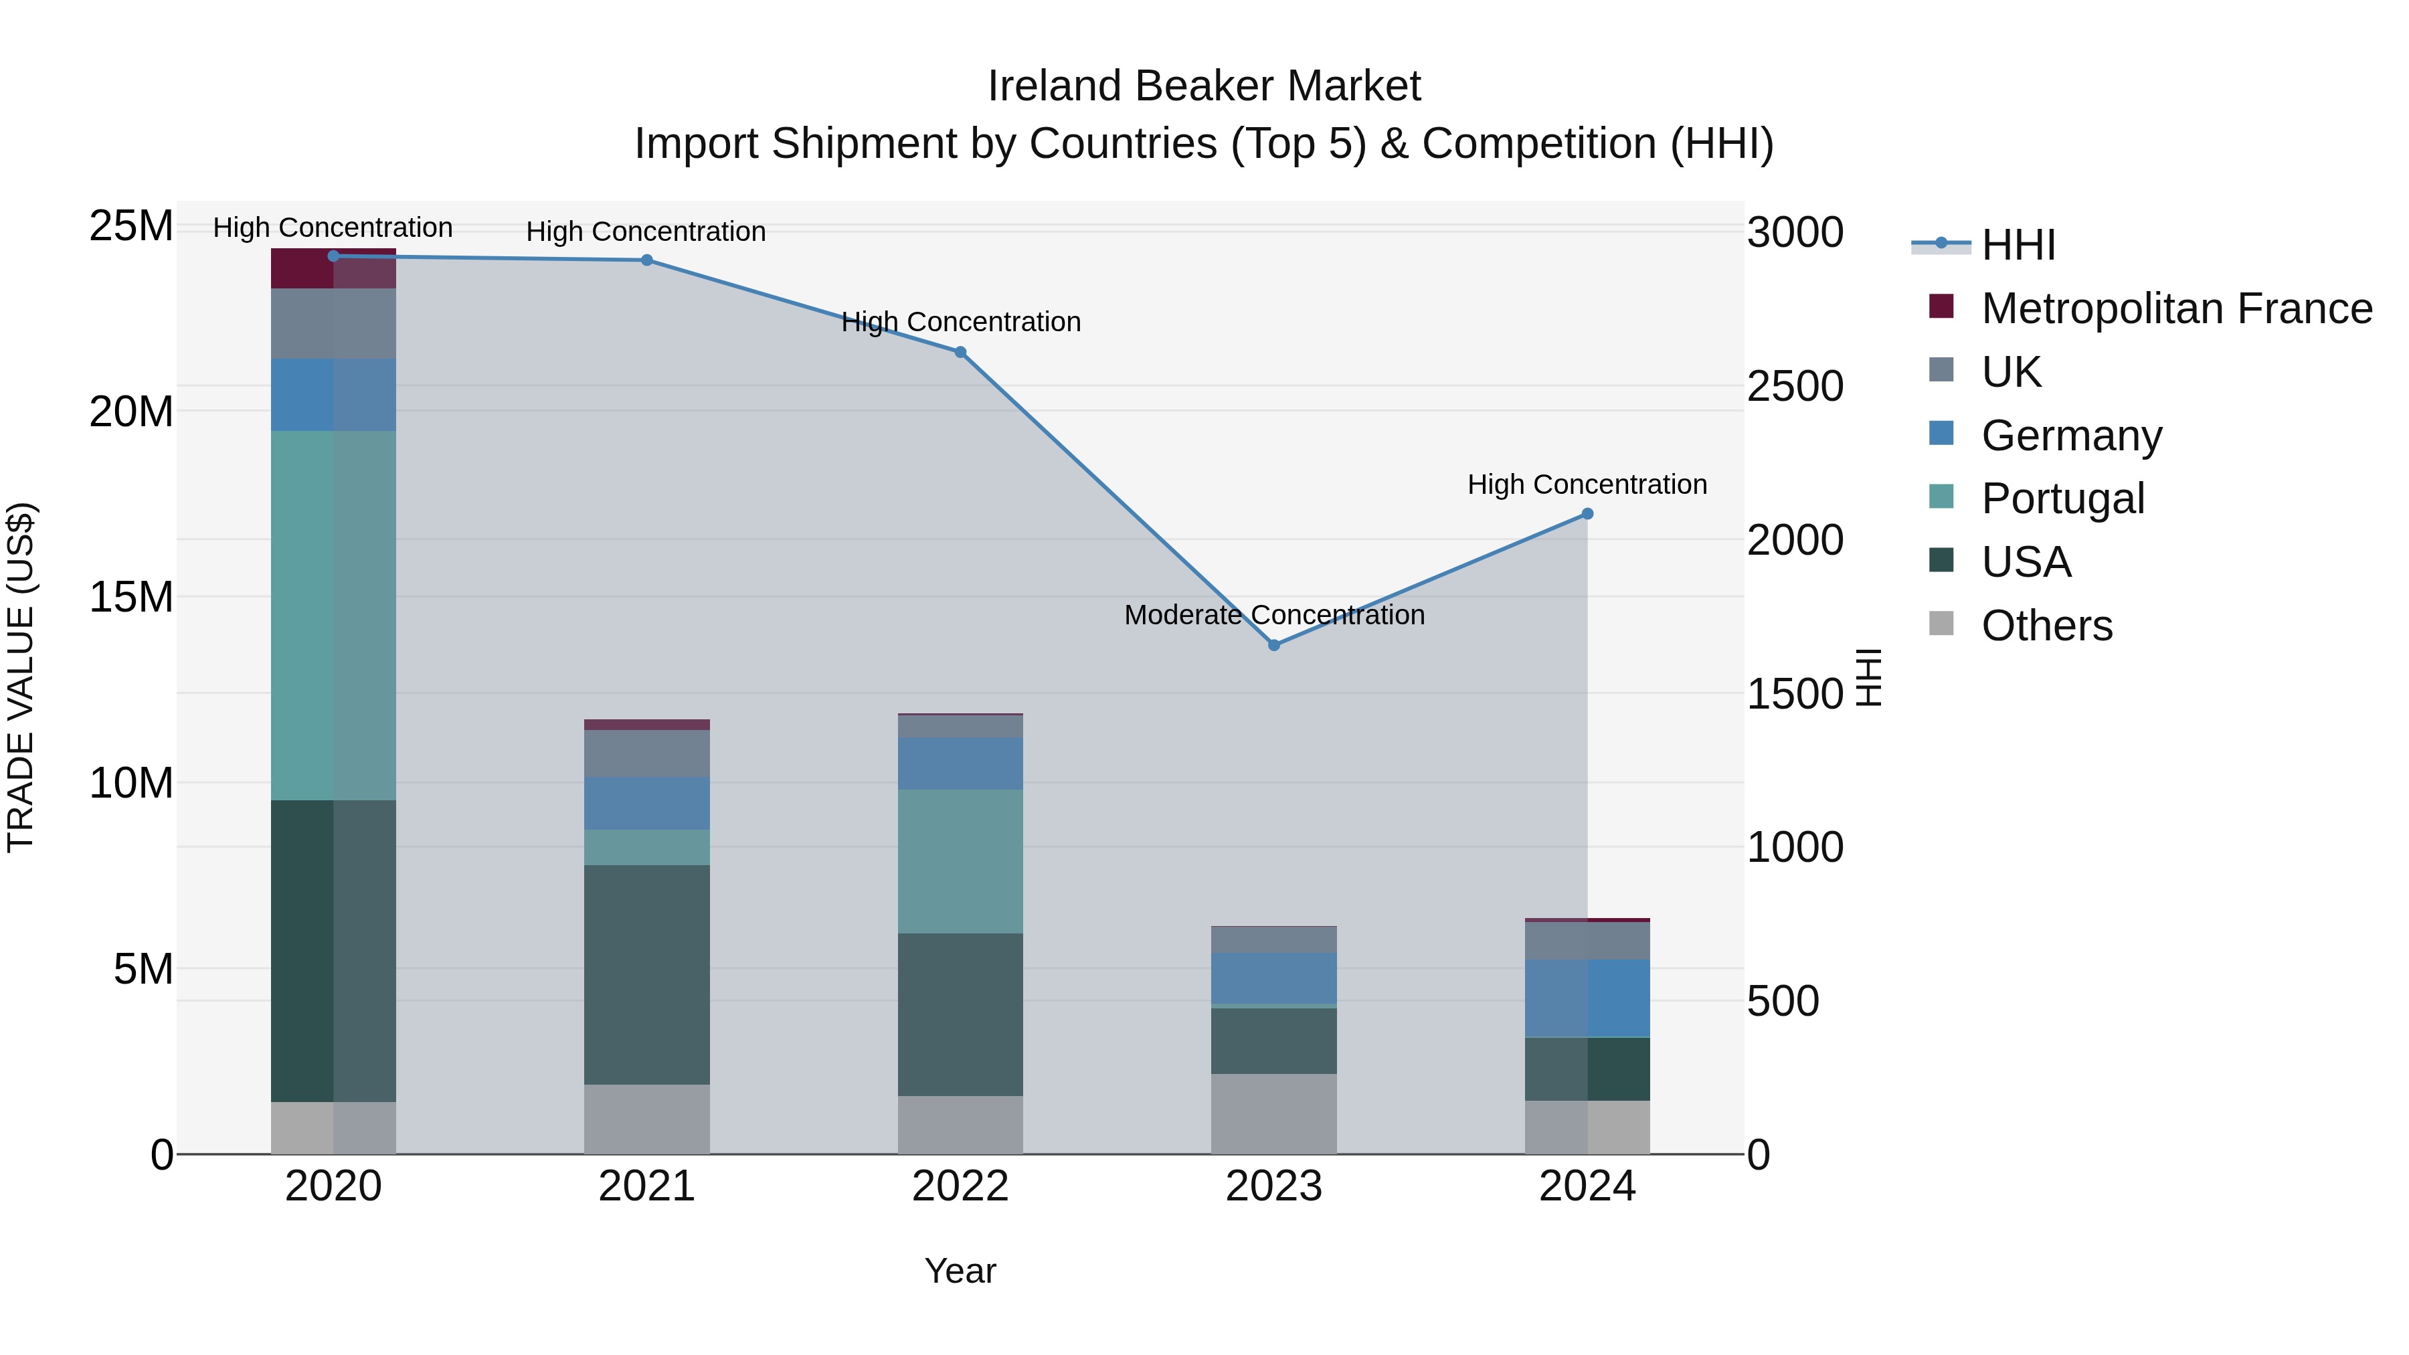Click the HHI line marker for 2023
[x=1273, y=645]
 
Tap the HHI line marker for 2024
[x=1587, y=515]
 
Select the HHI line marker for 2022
[x=960, y=353]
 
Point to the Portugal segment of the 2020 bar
[x=333, y=616]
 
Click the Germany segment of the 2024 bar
[x=1587, y=999]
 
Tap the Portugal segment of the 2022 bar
[x=960, y=861]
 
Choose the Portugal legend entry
[x=2062, y=499]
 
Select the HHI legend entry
[x=2018, y=245]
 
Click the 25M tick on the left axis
[x=131, y=226]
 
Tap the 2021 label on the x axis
[x=646, y=1186]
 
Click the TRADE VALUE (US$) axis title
[x=21, y=677]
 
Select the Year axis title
[x=960, y=1271]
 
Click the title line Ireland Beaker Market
[x=1204, y=86]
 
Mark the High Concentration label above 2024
[x=1587, y=484]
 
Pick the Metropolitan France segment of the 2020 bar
[x=333, y=269]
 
